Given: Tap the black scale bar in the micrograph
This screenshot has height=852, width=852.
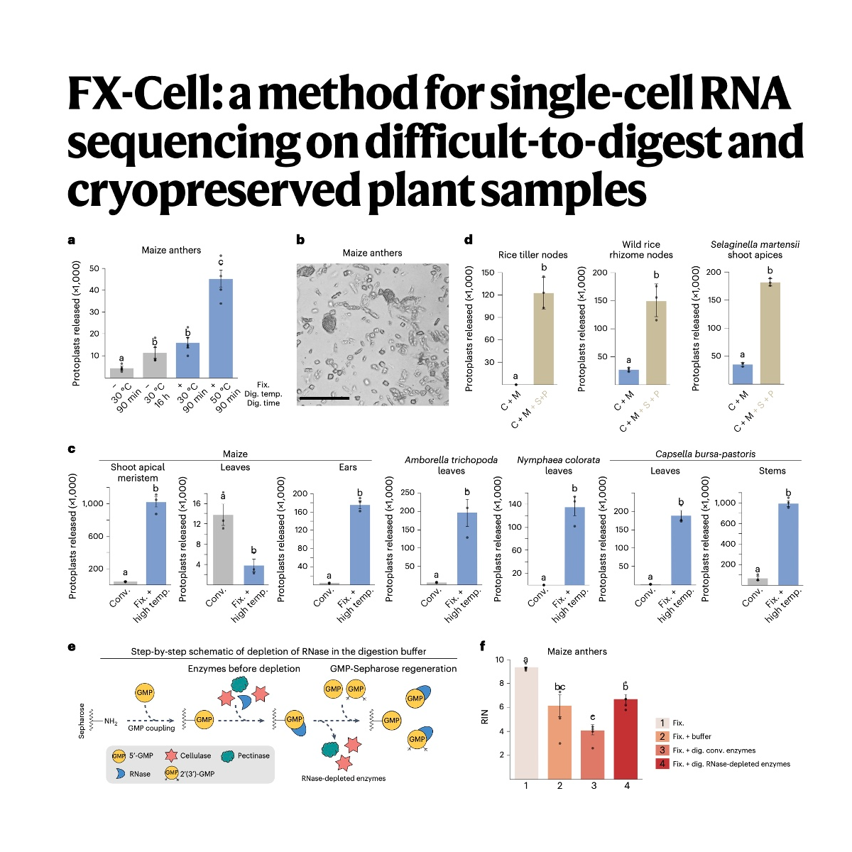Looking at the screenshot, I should tap(324, 398).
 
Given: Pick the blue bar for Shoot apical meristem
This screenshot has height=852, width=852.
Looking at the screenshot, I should tap(155, 542).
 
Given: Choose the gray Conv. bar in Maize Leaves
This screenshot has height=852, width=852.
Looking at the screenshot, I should tap(223, 549).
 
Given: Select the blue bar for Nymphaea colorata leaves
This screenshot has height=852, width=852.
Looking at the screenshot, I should tap(574, 545).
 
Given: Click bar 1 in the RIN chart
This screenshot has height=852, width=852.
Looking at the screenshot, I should tap(526, 722).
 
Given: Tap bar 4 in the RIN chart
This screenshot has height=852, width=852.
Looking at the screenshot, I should tap(626, 738).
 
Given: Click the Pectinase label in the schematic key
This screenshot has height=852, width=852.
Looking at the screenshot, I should tap(253, 755).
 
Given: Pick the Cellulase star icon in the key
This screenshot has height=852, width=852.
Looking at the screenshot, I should tap(170, 755).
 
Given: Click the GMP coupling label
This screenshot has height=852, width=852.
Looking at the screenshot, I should tap(151, 728).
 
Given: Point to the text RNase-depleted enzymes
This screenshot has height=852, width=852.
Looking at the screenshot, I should tap(343, 778).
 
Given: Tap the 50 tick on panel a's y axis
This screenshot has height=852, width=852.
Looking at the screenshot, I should tap(95, 268).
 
